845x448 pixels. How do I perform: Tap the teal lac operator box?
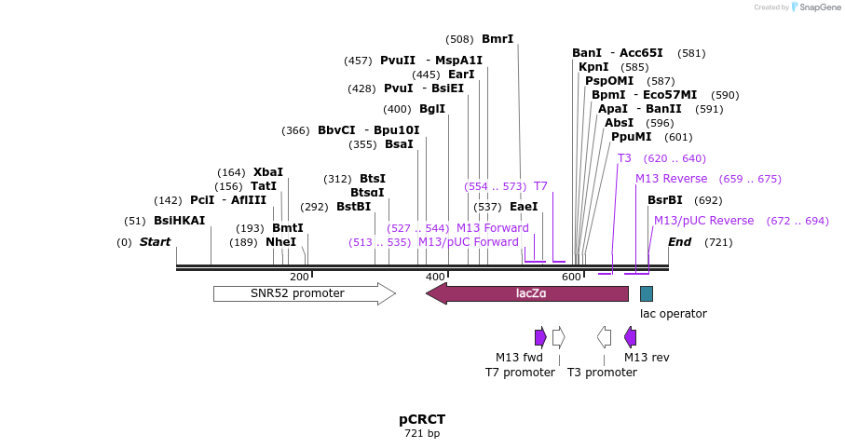click(x=647, y=293)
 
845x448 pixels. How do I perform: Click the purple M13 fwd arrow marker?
click(x=540, y=336)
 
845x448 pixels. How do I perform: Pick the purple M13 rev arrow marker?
click(x=631, y=336)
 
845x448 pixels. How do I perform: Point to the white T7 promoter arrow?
click(x=558, y=336)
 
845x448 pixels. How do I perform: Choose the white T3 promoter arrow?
click(x=605, y=336)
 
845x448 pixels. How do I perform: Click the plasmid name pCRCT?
click(x=421, y=419)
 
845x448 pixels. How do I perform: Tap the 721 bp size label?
click(x=421, y=434)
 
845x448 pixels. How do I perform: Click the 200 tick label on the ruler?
click(x=299, y=277)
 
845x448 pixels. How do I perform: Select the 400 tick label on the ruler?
click(x=435, y=277)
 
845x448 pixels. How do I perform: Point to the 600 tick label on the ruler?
click(x=571, y=277)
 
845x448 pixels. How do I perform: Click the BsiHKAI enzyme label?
click(x=179, y=221)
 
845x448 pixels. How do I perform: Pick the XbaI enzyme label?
click(x=268, y=172)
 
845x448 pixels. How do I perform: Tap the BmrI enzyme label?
click(x=497, y=39)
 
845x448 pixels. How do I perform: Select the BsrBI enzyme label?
click(x=665, y=200)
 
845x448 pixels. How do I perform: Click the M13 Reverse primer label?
click(x=671, y=179)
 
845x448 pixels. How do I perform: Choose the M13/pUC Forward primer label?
click(x=468, y=242)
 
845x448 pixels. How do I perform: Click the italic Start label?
click(x=156, y=242)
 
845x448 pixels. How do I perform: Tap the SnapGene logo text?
click(x=816, y=7)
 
